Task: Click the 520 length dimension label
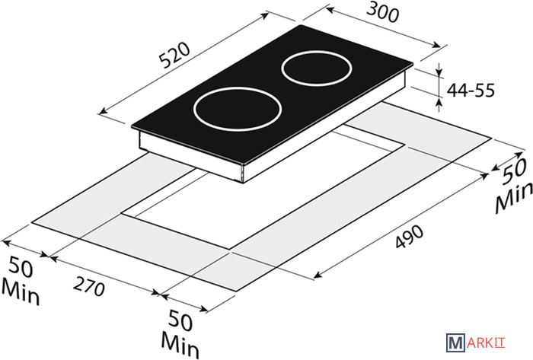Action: (174, 56)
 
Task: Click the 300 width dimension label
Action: (382, 14)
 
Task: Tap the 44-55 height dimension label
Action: (471, 91)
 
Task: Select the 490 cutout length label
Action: (410, 237)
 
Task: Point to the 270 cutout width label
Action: (89, 286)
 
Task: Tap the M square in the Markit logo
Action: (455, 342)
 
